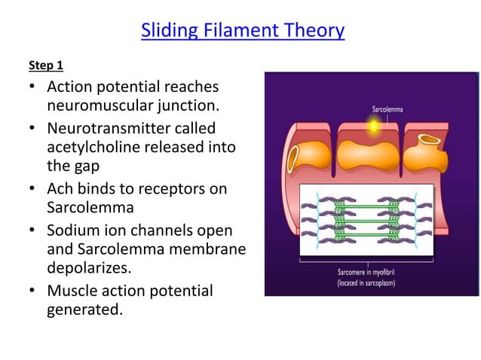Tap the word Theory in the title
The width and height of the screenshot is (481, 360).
point(309,31)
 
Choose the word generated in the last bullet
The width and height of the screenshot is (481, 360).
point(84,310)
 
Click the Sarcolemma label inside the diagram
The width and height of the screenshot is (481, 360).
point(387,110)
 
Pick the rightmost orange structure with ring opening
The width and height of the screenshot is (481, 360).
point(427,151)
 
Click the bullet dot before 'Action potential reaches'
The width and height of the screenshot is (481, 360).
point(32,87)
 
